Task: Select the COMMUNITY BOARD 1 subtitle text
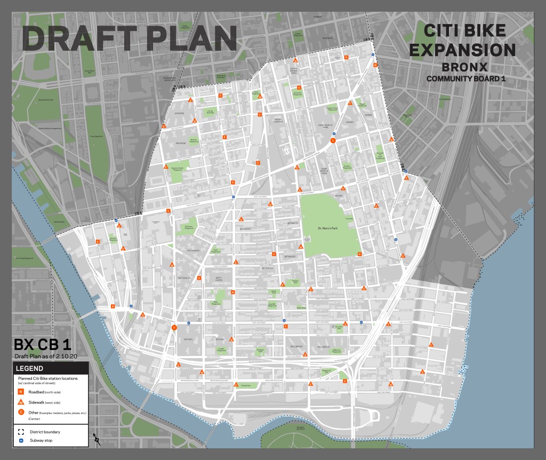coord(465,79)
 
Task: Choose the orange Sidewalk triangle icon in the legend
coord(21,402)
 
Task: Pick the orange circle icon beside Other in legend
coord(21,413)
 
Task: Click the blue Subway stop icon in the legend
coord(21,441)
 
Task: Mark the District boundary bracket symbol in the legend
coord(21,432)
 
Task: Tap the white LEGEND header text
coord(30,368)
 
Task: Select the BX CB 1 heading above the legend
coord(42,344)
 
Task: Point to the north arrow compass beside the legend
coord(97,439)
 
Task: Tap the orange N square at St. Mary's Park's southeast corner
coord(359,254)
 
